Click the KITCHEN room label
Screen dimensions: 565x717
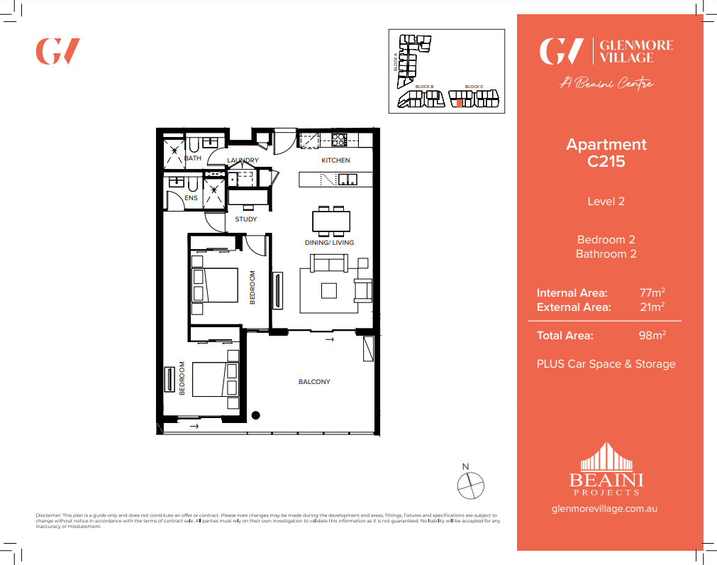(335, 160)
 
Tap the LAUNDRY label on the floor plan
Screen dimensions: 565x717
(243, 160)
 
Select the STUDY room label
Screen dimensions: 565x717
(246, 219)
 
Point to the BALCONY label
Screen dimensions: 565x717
(314, 382)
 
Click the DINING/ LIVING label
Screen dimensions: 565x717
(329, 243)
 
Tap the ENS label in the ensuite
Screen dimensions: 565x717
(191, 198)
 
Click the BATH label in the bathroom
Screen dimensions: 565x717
(193, 158)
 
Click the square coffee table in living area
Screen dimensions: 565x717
(329, 290)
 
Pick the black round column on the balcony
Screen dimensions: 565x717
(257, 415)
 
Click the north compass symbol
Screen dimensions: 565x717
(470, 485)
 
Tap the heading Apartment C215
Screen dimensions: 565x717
(606, 153)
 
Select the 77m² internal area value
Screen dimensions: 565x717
(652, 292)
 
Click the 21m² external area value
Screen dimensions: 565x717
(652, 307)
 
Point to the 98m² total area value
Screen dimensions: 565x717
(652, 336)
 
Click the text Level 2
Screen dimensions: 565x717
(606, 202)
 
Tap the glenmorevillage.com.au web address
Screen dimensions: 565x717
(606, 509)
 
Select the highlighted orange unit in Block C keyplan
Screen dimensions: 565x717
(459, 103)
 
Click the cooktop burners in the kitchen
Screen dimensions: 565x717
(339, 139)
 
